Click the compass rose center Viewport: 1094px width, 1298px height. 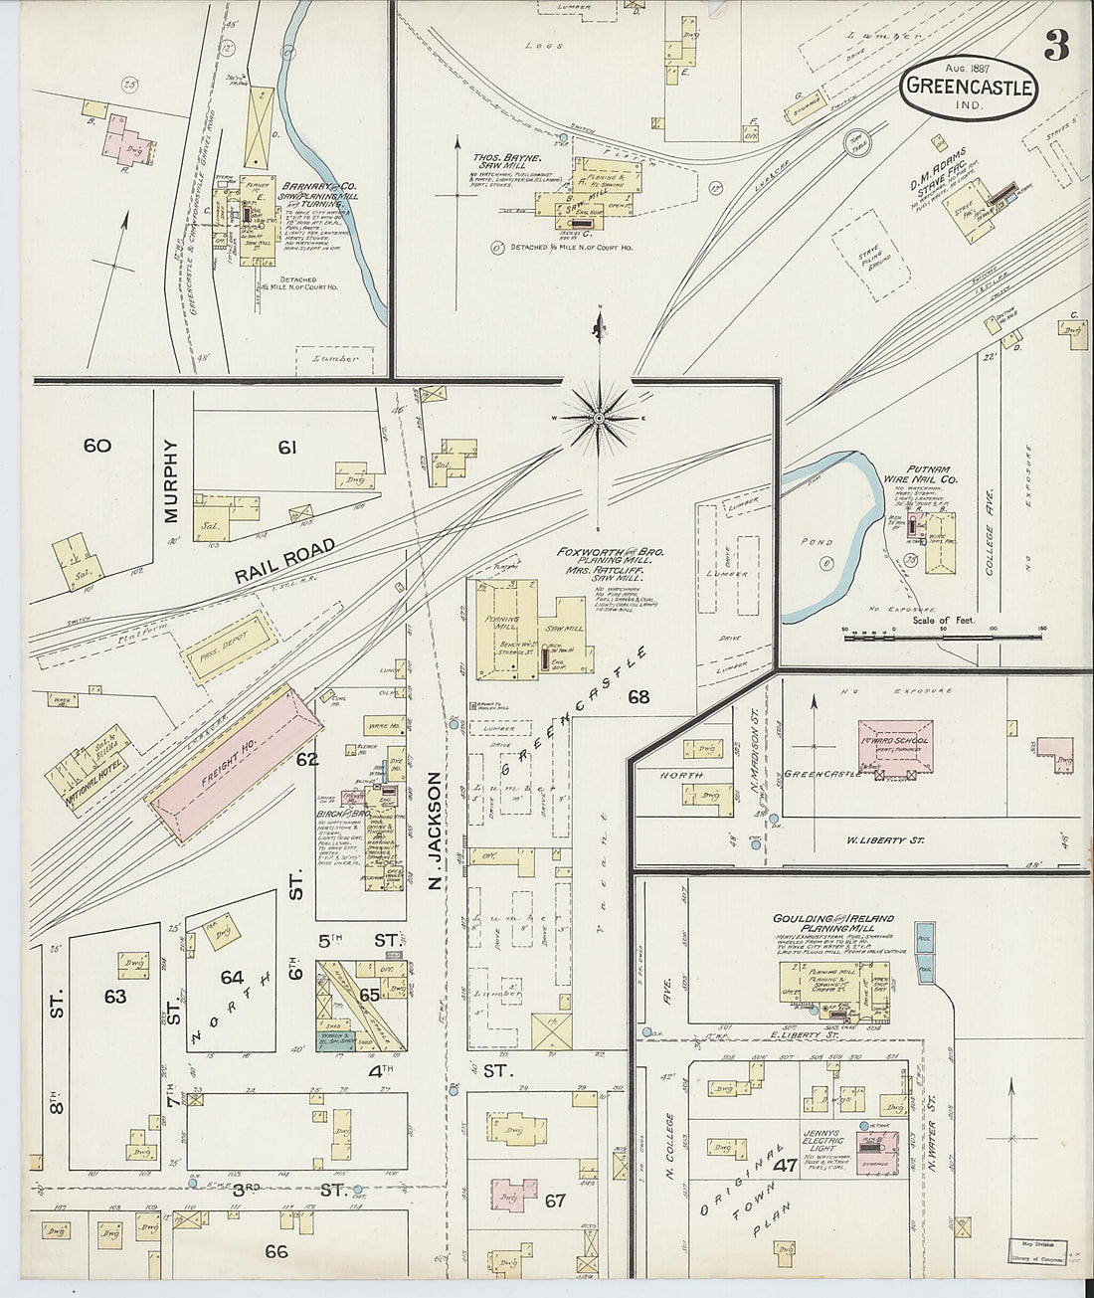click(599, 419)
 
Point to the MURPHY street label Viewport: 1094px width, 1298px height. click(171, 481)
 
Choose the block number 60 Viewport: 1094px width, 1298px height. click(97, 446)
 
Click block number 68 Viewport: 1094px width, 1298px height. click(638, 697)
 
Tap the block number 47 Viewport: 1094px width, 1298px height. click(786, 1166)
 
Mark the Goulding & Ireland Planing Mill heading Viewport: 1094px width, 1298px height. click(832, 924)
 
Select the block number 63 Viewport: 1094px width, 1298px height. click(115, 996)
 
